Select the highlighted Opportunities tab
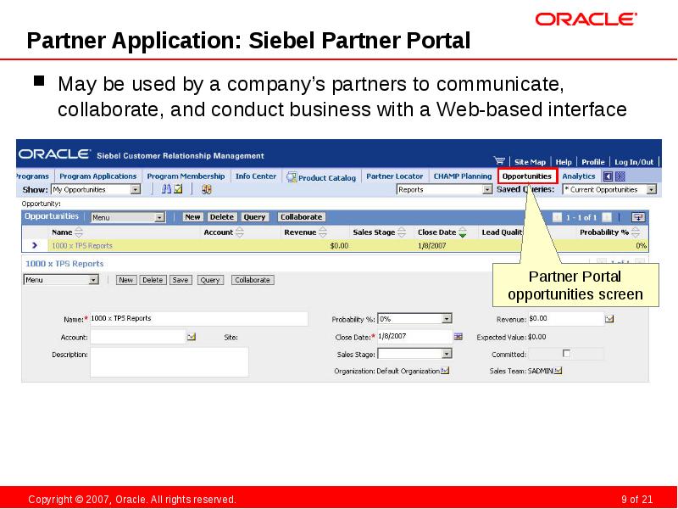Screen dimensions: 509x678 tap(527, 176)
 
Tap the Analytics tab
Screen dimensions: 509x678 tap(579, 176)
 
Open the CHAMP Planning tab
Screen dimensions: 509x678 tap(462, 176)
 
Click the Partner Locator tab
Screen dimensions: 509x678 tap(394, 176)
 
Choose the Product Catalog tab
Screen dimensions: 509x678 tap(321, 177)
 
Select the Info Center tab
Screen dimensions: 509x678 tap(256, 176)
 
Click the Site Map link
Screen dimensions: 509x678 tap(530, 161)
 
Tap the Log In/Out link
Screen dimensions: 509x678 tap(634, 161)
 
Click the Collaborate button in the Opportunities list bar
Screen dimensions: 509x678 tap(301, 217)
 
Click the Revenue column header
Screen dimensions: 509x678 tap(300, 232)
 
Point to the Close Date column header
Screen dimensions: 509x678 tap(437, 232)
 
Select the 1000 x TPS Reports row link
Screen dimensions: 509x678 tap(82, 245)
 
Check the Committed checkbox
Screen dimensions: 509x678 tap(567, 353)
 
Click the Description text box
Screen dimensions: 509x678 tap(169, 361)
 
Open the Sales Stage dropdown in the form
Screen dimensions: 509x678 tap(414, 354)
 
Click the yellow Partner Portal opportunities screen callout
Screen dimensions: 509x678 tap(575, 286)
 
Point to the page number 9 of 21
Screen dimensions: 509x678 tap(636, 499)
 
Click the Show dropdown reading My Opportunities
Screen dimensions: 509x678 tap(96, 190)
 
